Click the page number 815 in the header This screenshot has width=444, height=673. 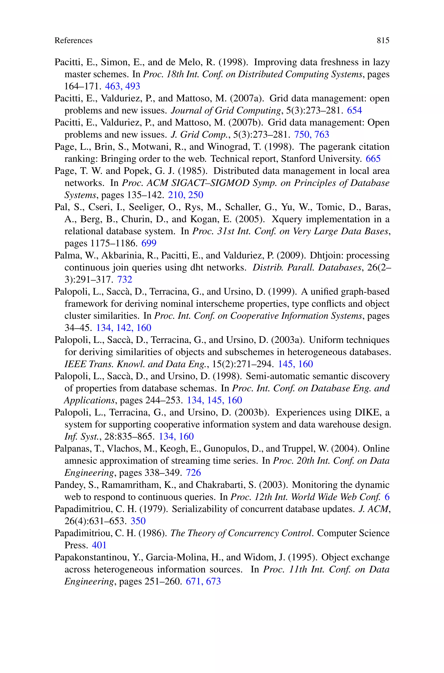tap(383, 41)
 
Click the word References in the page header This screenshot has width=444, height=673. tap(73, 41)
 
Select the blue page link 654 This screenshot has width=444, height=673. tap(354, 110)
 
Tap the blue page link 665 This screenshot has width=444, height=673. tap(373, 159)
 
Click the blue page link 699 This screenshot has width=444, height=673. tap(149, 243)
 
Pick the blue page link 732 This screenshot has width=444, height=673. tap(125, 279)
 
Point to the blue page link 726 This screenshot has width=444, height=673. tap(193, 473)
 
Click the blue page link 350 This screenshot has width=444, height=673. tap(138, 521)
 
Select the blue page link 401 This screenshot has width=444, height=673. tap(99, 545)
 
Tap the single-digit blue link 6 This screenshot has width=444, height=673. tap(387, 497)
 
